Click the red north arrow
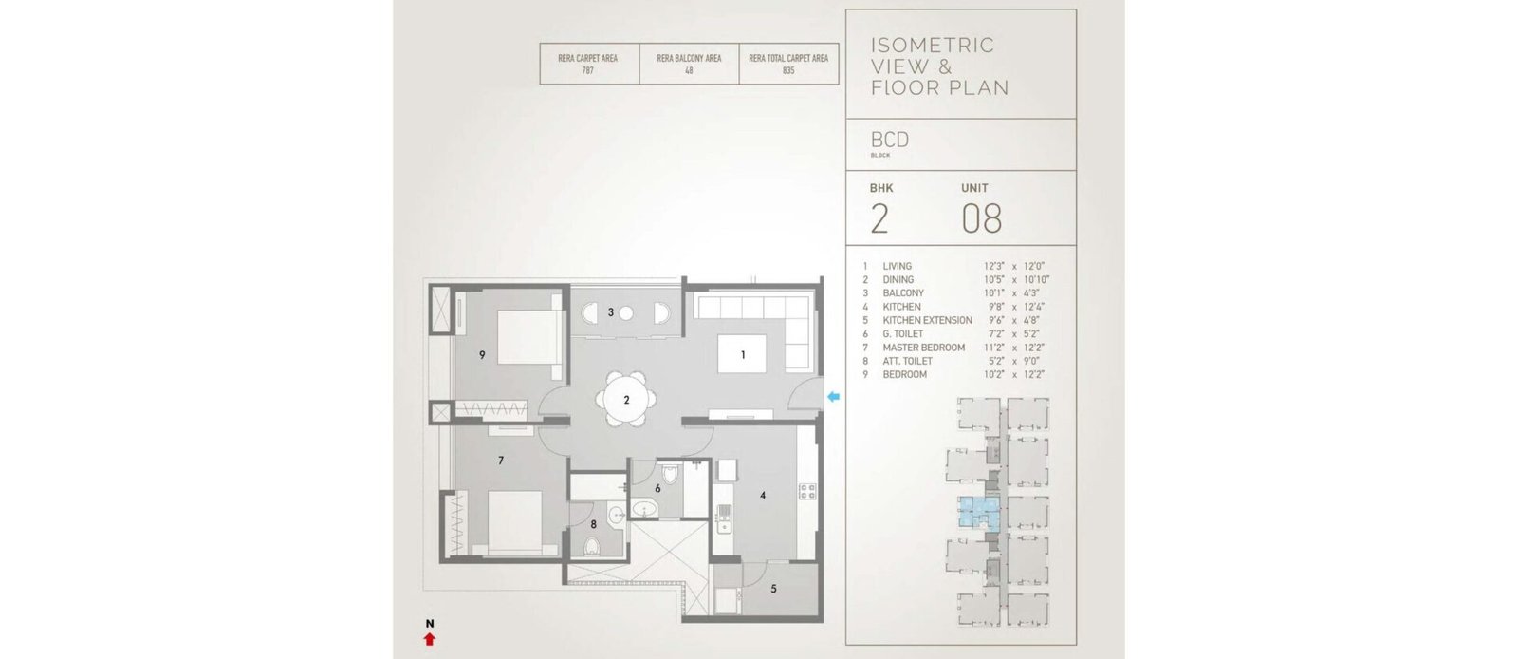429,639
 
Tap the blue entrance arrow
833,397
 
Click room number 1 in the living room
743,354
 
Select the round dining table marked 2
626,400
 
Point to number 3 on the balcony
611,312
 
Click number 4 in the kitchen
763,496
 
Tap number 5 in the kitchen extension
773,589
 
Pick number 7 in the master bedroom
501,461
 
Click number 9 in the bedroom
482,354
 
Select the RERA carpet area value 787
587,70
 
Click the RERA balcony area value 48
689,70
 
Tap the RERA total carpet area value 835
788,70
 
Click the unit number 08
981,218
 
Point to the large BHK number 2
879,218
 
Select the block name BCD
890,140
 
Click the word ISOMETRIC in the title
933,46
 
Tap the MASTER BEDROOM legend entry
924,348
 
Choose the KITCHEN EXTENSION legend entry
927,320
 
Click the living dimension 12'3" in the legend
994,267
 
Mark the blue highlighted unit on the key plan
978,513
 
